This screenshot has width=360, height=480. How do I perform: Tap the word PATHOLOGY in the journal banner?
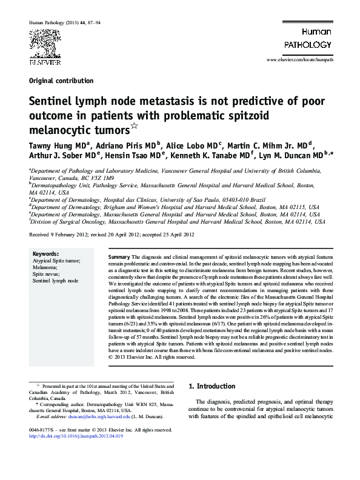309,44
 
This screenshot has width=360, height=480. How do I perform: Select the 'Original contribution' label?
61,81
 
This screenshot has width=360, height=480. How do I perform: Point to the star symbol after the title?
135,126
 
